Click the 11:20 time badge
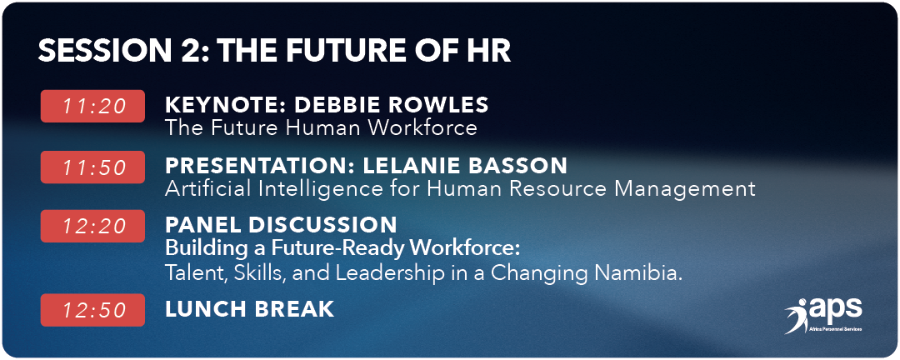pos(92,106)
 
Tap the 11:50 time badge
pos(92,167)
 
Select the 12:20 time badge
pos(92,226)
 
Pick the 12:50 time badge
pos(92,310)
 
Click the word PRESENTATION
pos(260,166)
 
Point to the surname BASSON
pos(521,166)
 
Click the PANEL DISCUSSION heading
pos(282,224)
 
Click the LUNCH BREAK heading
pos(250,309)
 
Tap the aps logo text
pos(836,310)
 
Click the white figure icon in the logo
pos(797,317)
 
